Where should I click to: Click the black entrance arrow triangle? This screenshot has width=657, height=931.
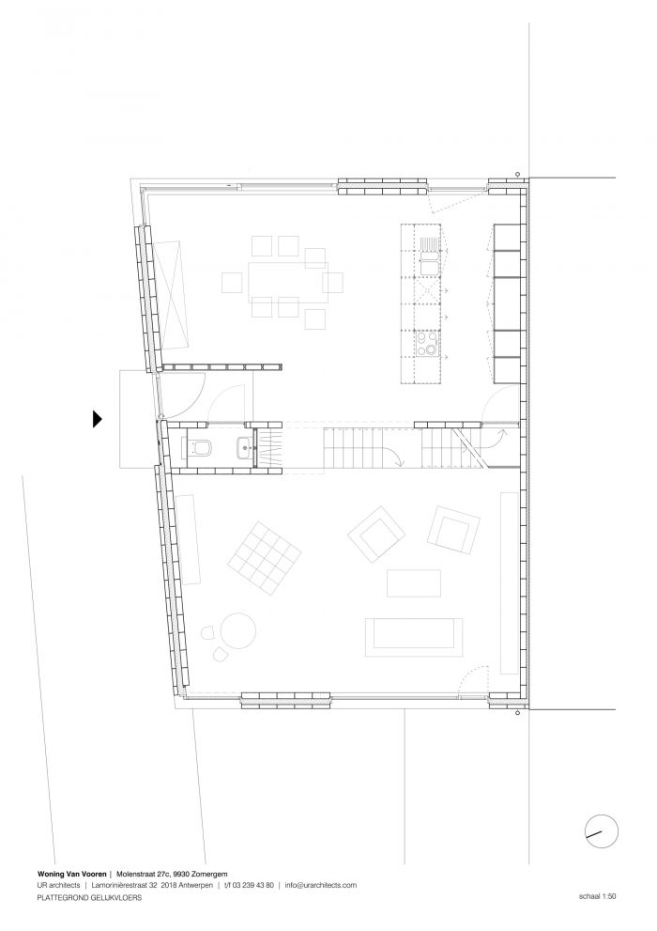98,419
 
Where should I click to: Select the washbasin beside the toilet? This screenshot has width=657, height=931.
244,446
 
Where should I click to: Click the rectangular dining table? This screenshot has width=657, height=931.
287,283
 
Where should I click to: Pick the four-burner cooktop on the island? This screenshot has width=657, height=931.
428,343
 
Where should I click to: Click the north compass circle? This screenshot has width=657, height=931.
602,830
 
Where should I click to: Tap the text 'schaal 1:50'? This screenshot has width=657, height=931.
598,896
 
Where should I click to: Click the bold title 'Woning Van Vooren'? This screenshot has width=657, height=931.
71,874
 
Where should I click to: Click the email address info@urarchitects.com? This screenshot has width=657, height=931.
321,885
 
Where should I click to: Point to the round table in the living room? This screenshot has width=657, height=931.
238,630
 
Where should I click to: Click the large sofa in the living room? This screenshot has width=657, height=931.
414,637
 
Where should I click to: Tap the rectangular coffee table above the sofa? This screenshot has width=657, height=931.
414,583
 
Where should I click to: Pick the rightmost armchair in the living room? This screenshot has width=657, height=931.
453,528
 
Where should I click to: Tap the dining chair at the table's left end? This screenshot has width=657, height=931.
231,283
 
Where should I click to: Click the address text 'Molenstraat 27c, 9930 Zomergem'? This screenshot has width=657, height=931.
172,874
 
